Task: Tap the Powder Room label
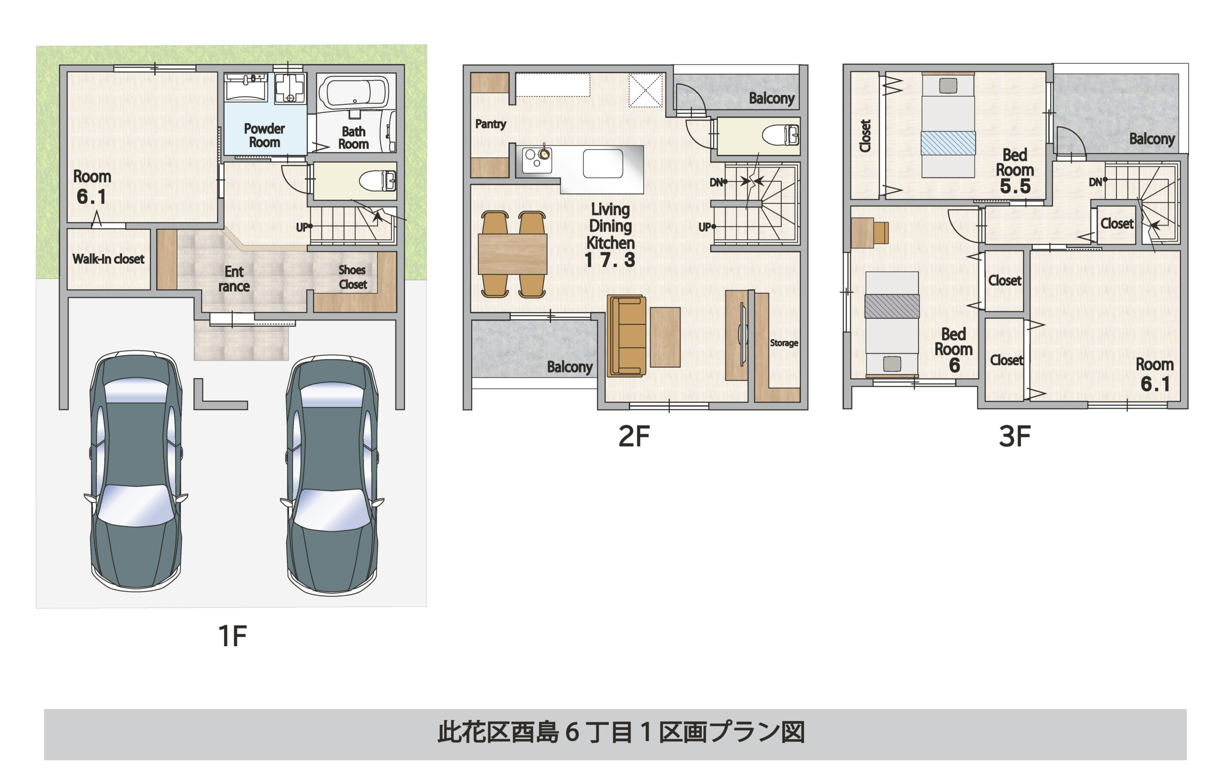click(264, 135)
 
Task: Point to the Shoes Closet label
click(352, 277)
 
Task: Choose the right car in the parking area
click(331, 474)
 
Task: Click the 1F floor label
click(232, 636)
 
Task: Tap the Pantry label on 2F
click(490, 123)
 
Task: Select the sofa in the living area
click(627, 336)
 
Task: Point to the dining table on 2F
click(513, 254)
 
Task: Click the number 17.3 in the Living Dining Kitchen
click(610, 260)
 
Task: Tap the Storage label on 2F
click(784, 343)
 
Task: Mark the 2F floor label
click(634, 436)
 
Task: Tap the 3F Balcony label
click(1151, 139)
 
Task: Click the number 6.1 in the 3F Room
click(1155, 384)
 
